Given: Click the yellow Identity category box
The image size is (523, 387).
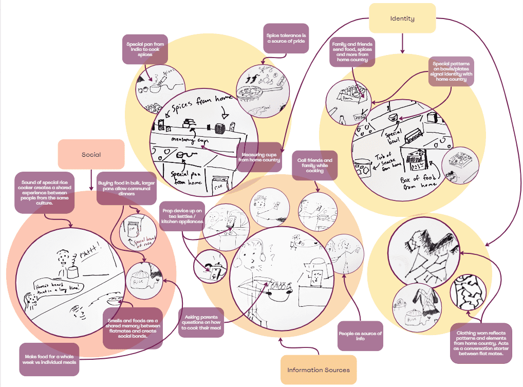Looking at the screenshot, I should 402,19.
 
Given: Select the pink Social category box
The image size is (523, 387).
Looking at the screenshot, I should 91,154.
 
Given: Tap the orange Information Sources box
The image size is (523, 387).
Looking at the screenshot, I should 318,370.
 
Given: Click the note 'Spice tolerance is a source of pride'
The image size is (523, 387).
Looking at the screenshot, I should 286,38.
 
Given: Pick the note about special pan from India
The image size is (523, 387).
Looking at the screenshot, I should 145,49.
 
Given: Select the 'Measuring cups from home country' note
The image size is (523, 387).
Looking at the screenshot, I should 259,157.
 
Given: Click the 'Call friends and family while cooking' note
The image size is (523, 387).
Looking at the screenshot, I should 314,165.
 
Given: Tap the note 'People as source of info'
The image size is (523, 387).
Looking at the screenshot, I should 360,336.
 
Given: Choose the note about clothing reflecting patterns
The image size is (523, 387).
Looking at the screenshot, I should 480,343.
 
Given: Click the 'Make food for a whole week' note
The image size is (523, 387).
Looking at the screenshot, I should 49,359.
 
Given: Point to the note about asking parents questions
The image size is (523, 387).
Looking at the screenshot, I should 201,323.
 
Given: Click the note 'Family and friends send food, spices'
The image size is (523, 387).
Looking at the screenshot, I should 352,52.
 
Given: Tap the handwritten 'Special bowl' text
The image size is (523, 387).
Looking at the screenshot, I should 393,135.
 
